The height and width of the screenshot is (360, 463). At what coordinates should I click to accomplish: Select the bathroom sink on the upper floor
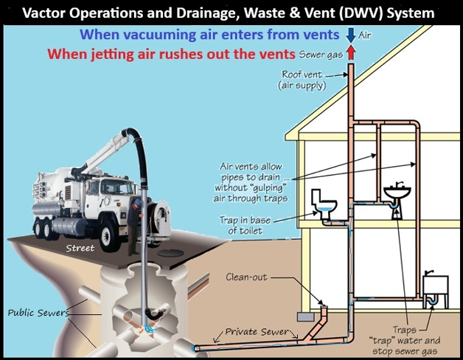(x=397, y=193)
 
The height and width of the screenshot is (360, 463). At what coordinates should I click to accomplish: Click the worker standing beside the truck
(x=133, y=219)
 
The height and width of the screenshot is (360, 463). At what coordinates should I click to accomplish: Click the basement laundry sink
(x=436, y=285)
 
